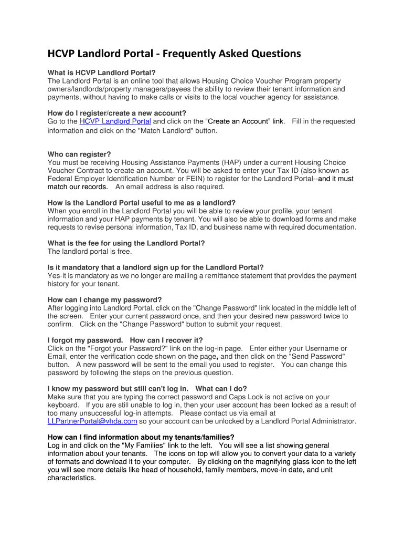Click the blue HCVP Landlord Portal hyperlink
click(x=115, y=121)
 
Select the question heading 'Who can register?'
click(x=79, y=154)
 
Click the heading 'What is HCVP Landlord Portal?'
click(x=102, y=73)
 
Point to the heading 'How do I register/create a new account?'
click(x=117, y=113)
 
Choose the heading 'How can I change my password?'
click(x=104, y=299)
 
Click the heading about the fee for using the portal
click(x=126, y=243)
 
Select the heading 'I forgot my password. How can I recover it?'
click(x=125, y=340)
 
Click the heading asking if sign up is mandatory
click(x=155, y=267)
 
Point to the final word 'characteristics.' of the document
click(x=72, y=478)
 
